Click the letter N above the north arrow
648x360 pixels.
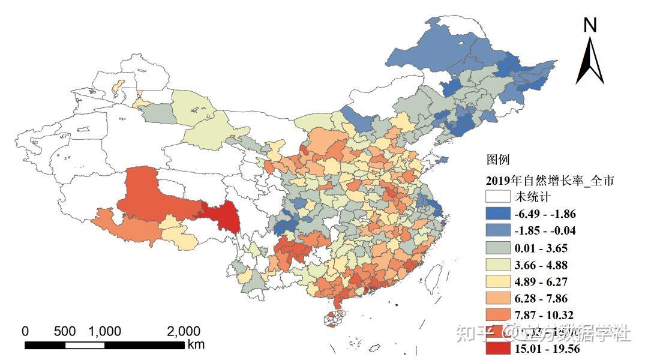tap(590, 25)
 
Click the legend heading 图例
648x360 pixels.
tap(497, 160)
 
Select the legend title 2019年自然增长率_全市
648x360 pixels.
tap(550, 180)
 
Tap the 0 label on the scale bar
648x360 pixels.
tap(25, 331)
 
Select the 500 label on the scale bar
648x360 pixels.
tap(64, 331)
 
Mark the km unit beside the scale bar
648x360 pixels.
tap(196, 344)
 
